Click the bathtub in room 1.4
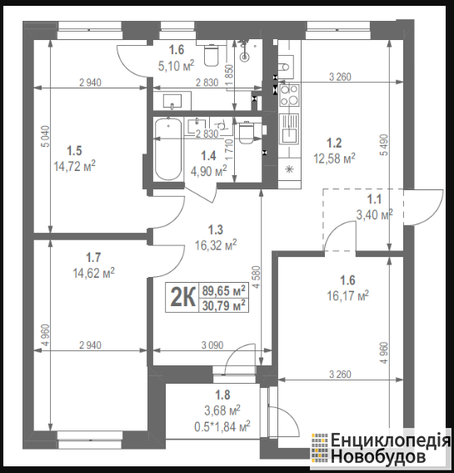168,149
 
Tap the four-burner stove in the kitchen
290,95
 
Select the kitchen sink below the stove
290,128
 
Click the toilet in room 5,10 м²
211,55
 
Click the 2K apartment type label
182,298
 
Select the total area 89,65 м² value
223,290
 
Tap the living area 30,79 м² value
223,305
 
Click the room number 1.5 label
74,150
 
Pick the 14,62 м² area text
93,274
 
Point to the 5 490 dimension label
384,145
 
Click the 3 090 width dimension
212,345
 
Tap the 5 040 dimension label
46,136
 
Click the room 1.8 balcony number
222,395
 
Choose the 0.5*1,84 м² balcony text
222,426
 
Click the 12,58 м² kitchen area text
334,158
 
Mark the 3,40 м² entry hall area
374,214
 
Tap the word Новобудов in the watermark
378,456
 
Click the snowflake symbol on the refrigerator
289,169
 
